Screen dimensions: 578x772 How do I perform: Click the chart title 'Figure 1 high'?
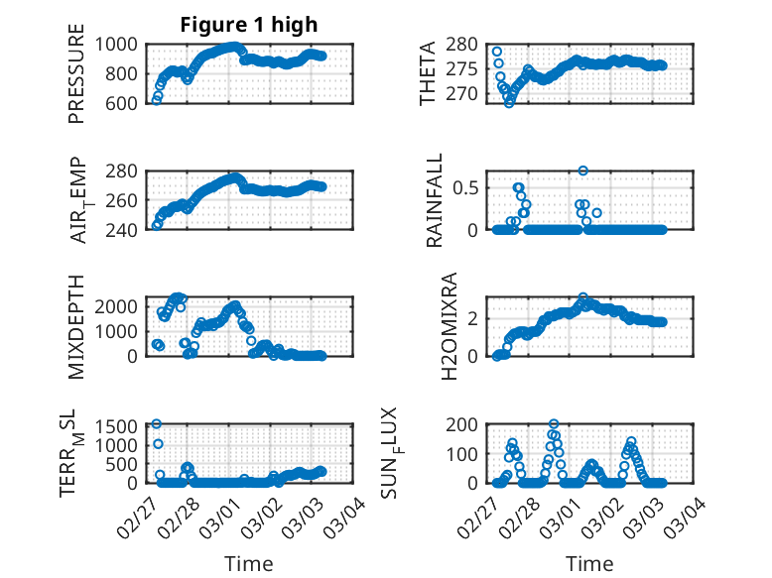pos(249,25)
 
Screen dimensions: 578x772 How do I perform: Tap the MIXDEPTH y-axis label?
pos(76,326)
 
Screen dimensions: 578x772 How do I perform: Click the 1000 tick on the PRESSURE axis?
pos(120,44)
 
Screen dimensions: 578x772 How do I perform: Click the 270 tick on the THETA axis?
pos(470,87)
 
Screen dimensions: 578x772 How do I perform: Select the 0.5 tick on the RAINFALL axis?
pos(473,186)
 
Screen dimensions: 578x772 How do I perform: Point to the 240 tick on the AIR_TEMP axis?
pos(126,230)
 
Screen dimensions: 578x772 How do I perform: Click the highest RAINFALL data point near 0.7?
pos(583,171)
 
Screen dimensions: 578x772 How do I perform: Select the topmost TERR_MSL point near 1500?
pos(156,423)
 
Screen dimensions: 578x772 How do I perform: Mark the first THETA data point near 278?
pos(496,52)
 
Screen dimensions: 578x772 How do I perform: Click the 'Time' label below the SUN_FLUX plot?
pos(589,563)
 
